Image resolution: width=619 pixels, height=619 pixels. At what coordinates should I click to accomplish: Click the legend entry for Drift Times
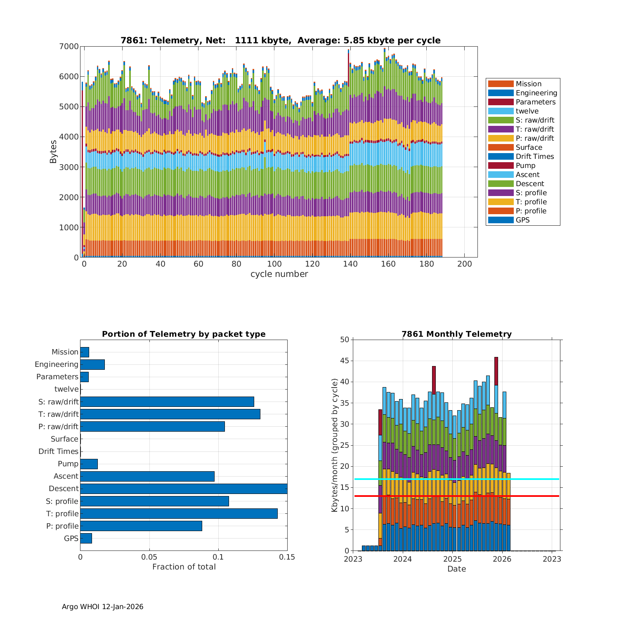click(x=534, y=156)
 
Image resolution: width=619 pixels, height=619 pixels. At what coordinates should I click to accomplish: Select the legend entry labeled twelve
click(x=527, y=111)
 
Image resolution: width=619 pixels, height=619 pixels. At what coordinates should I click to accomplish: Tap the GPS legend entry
click(x=522, y=220)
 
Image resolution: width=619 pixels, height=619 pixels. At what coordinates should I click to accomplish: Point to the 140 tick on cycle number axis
click(x=350, y=264)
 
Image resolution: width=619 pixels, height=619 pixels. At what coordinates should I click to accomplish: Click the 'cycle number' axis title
click(x=279, y=274)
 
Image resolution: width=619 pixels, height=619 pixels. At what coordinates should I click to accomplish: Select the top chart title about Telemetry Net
click(x=280, y=40)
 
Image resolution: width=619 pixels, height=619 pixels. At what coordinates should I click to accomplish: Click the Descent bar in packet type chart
click(x=184, y=489)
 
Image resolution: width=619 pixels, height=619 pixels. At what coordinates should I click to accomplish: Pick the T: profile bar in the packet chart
click(x=179, y=513)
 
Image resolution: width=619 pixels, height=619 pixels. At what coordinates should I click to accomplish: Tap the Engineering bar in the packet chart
click(x=92, y=364)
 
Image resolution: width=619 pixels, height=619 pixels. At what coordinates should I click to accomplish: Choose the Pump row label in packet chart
click(x=68, y=464)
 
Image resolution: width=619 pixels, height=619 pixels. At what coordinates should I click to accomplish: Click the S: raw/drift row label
click(x=58, y=402)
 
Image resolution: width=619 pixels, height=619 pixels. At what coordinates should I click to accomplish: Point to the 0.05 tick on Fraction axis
click(x=149, y=557)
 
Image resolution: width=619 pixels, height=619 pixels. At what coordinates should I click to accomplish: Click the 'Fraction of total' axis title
click(x=184, y=567)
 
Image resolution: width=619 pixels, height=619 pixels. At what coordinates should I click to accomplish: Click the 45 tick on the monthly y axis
click(x=345, y=361)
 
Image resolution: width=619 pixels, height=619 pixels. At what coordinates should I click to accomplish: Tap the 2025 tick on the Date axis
click(x=452, y=559)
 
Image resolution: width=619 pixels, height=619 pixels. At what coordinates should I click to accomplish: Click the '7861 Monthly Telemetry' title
click(x=456, y=334)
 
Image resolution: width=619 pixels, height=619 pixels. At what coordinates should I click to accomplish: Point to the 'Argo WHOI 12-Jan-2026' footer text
click(x=102, y=607)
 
